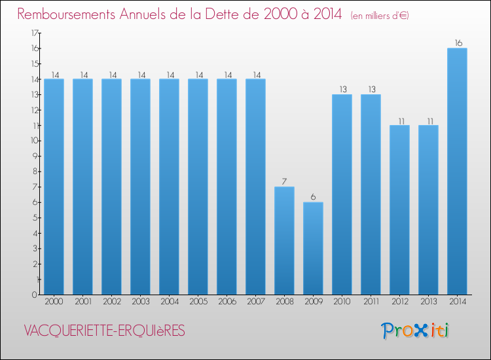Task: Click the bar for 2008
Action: point(284,241)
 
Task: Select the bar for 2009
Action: point(313,248)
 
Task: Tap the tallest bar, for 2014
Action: point(457,171)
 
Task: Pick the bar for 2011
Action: point(371,194)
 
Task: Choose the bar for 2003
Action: point(140,187)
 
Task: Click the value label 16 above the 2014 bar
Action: point(458,43)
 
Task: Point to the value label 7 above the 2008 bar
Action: point(284,181)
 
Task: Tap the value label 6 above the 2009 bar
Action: point(313,197)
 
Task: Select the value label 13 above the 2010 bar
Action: point(343,89)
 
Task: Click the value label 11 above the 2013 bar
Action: point(430,121)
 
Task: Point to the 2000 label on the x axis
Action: point(54,302)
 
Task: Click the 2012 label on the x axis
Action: point(400,302)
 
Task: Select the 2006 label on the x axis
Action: point(227,302)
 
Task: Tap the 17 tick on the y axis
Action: point(35,33)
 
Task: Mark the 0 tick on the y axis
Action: point(35,295)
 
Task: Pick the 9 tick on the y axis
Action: point(35,156)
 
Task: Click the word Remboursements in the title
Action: point(66,14)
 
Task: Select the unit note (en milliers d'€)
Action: point(380,16)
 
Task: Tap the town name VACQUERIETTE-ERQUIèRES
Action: point(105,331)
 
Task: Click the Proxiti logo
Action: point(415,331)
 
